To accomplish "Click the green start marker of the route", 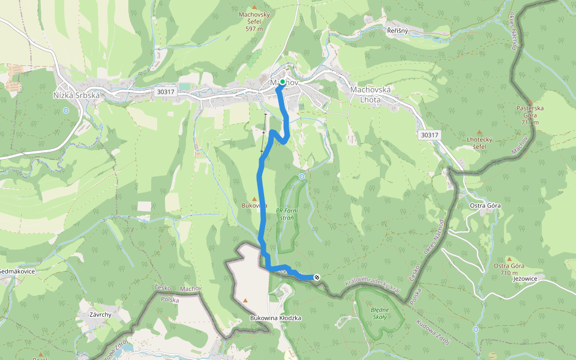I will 282,82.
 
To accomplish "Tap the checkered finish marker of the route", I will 317,277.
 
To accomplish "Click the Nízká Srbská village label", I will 76,95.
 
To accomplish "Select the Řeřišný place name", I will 397,31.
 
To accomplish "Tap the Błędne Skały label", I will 380,314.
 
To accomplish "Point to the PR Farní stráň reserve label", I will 287,214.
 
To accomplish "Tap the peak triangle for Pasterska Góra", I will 529,103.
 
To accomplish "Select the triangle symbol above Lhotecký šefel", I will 479,132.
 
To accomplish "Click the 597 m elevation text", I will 254,28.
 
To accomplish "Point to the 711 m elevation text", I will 530,122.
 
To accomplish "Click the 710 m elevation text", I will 509,273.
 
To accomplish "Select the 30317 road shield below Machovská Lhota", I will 429,135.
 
